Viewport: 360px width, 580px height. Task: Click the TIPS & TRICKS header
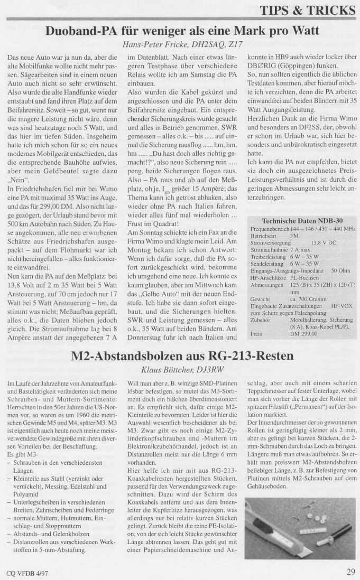(315, 10)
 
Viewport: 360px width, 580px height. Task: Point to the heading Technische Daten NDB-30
(299, 220)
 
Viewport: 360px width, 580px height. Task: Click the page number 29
(351, 570)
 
